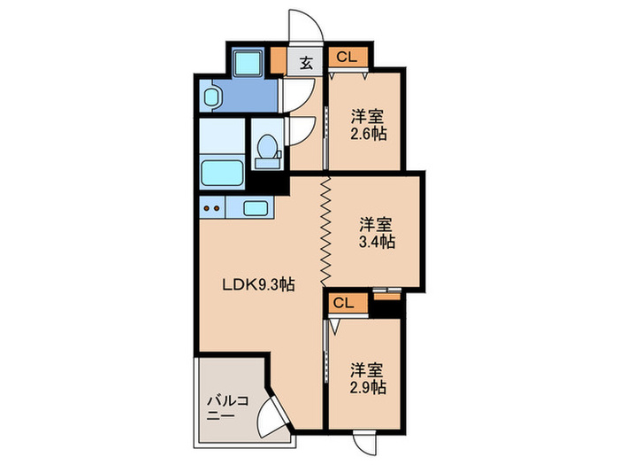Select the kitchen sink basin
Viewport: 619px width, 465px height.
(x=256, y=208)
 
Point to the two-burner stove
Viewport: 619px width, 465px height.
(x=212, y=208)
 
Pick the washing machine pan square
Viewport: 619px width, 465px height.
(x=247, y=61)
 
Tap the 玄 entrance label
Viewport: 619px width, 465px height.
(x=305, y=62)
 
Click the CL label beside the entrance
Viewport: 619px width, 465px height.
(x=346, y=58)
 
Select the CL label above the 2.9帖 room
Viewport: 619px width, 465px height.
(x=344, y=303)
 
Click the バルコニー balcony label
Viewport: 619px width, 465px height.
(x=227, y=407)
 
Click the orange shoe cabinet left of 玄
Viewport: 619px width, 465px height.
(x=279, y=63)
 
